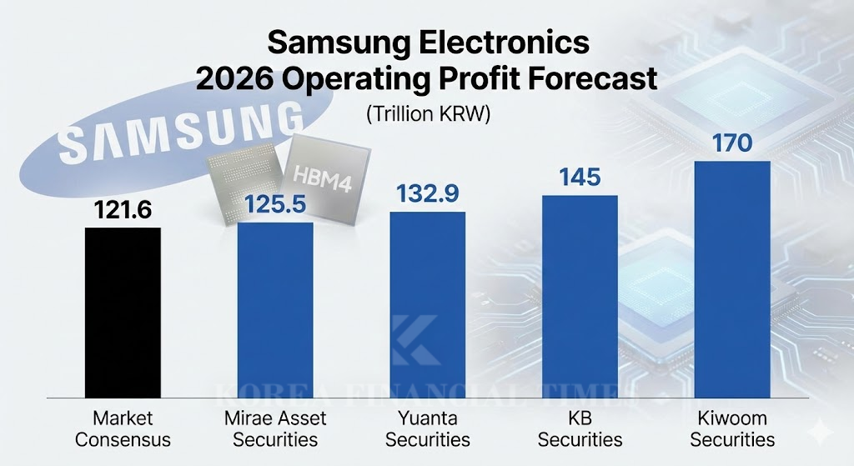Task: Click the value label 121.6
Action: tap(123, 212)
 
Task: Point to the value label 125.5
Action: tap(275, 205)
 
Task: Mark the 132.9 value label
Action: tap(428, 194)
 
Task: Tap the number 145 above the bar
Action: tap(580, 178)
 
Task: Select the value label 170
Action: tap(732, 143)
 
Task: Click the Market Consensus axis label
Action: tap(123, 428)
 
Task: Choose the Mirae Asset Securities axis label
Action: tap(275, 428)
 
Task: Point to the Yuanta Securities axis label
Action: tap(428, 428)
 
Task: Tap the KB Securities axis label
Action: tap(580, 428)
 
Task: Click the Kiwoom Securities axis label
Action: tap(732, 428)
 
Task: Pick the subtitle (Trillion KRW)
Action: tap(428, 115)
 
